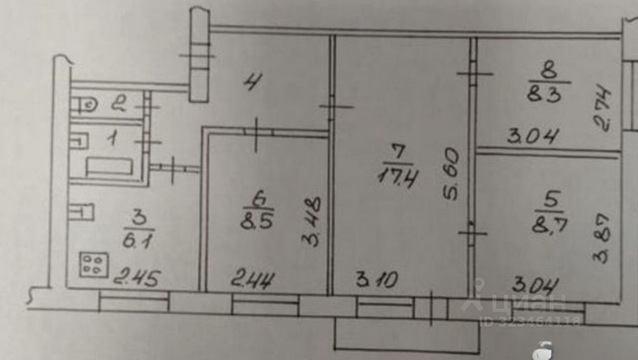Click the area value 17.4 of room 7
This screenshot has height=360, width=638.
(398, 176)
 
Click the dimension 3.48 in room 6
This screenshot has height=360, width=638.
(313, 221)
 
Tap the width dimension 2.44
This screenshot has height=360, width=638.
(253, 280)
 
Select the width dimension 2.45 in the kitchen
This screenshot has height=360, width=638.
(136, 279)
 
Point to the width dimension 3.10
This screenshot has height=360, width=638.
(378, 280)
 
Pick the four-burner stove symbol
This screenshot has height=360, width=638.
(91, 265)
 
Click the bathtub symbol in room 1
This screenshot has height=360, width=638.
(109, 166)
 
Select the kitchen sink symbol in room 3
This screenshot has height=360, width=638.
(81, 211)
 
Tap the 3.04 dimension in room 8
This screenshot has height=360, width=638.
(532, 136)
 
